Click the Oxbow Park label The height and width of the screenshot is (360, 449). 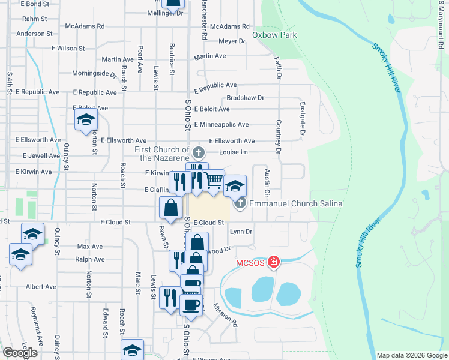point(275,35)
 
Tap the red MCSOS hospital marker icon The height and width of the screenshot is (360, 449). point(273,262)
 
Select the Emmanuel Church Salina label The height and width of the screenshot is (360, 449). point(297,203)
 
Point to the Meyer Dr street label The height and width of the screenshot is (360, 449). point(232,41)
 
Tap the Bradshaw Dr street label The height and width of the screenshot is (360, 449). point(245,98)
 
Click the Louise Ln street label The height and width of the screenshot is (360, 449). point(234,152)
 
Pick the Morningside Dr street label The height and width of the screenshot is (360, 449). point(94,74)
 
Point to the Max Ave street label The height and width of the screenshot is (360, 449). point(90,247)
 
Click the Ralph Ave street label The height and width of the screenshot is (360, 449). point(90,260)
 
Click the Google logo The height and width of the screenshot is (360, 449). point(20,353)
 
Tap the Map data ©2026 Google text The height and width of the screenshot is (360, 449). point(411,355)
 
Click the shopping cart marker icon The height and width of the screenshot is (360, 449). point(214,180)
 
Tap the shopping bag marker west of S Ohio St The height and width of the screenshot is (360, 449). point(171,208)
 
